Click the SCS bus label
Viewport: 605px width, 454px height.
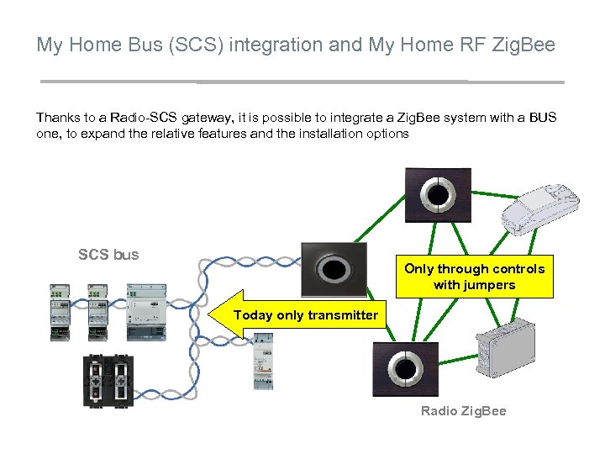point(108,254)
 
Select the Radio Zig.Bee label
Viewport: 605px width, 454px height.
point(463,410)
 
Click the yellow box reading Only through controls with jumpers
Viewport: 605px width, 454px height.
point(475,277)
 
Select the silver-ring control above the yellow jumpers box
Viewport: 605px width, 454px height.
point(437,194)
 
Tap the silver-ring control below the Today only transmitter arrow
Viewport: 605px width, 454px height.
point(405,369)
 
